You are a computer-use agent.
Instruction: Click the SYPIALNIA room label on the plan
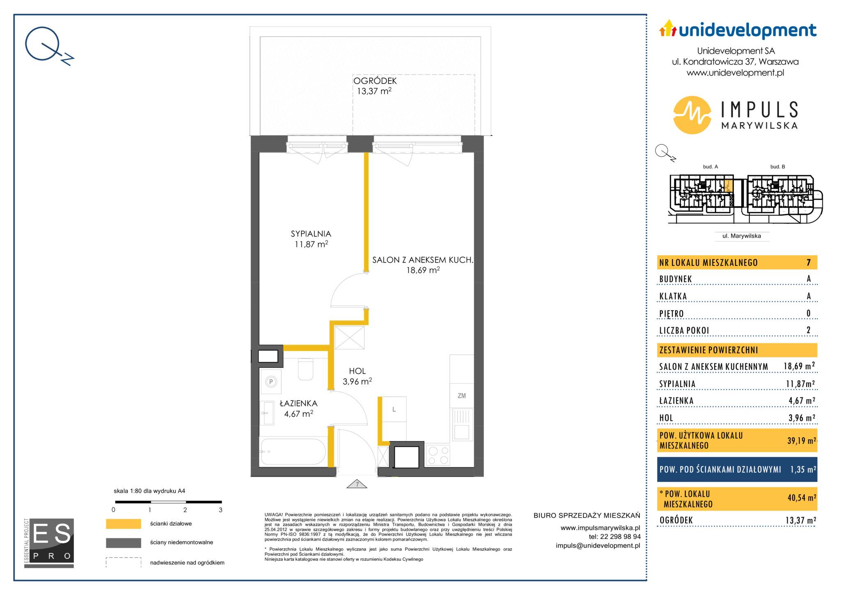click(x=311, y=234)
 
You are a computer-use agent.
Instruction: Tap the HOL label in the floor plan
click(x=357, y=371)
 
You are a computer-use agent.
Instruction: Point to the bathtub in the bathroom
click(x=294, y=452)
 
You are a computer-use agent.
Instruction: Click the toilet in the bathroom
click(x=306, y=369)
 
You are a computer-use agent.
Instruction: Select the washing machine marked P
click(x=271, y=382)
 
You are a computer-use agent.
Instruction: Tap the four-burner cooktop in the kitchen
click(x=438, y=455)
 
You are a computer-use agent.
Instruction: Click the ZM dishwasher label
click(x=462, y=396)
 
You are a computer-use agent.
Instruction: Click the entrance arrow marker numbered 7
click(x=357, y=484)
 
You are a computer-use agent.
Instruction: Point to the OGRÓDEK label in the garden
click(x=375, y=81)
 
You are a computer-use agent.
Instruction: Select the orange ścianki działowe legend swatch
click(x=123, y=524)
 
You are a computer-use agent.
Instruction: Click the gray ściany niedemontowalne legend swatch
click(x=123, y=543)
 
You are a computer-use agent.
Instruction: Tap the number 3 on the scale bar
click(x=221, y=510)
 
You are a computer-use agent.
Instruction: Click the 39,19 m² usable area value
click(x=801, y=441)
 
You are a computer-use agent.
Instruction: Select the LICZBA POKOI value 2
click(x=809, y=330)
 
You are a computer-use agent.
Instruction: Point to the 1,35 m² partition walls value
click(x=803, y=469)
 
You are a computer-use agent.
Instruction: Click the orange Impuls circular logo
click(x=692, y=115)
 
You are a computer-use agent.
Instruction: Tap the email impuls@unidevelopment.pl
click(x=598, y=546)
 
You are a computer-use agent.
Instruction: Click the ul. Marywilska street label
click(x=742, y=236)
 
